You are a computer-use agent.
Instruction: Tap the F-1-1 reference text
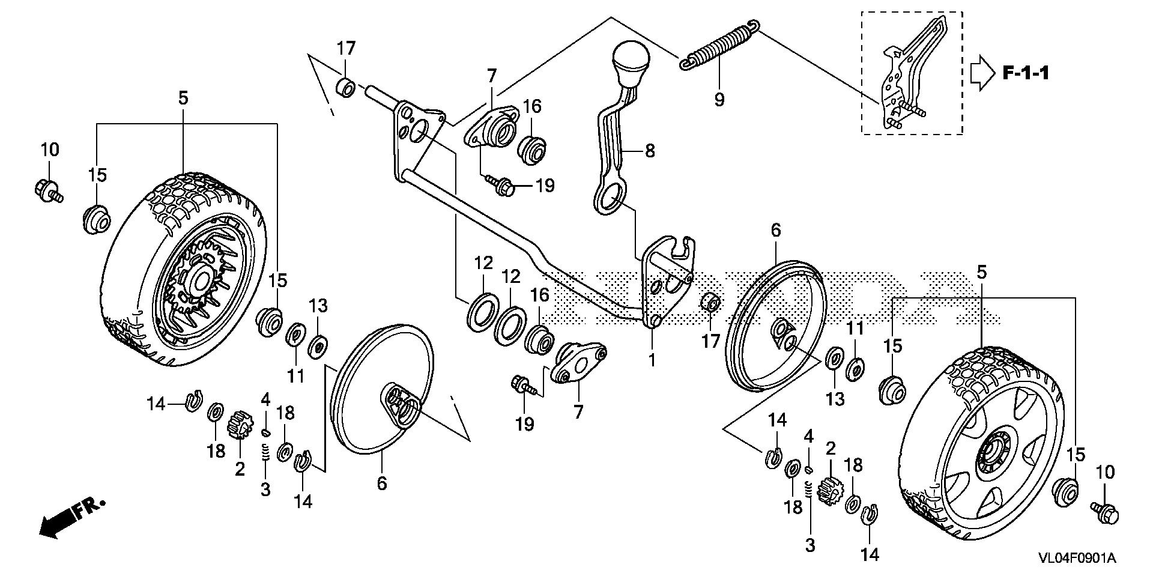point(1026,74)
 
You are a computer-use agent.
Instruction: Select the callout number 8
point(649,150)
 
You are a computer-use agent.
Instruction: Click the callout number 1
point(652,360)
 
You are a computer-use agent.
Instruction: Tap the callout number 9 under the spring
point(719,99)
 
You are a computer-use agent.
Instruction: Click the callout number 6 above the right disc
point(776,230)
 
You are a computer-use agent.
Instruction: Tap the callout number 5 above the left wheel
point(183,98)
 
